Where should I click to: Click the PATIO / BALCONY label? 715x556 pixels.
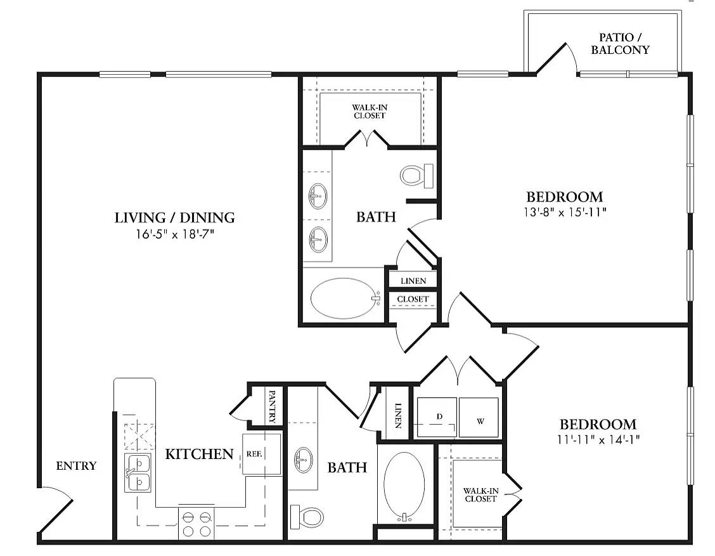[x=620, y=44]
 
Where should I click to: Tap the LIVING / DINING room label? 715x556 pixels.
[x=174, y=217]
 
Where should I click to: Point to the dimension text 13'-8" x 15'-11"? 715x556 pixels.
[x=564, y=212]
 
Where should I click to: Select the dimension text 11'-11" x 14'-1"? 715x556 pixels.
[x=597, y=439]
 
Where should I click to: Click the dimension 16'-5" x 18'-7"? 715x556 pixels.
[x=174, y=235]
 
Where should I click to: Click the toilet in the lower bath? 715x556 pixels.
[x=307, y=517]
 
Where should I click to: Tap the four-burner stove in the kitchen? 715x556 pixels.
[x=196, y=523]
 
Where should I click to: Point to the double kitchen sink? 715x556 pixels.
[x=138, y=473]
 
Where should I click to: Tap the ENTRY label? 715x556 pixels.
[x=76, y=466]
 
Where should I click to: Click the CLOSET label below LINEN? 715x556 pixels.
[x=413, y=299]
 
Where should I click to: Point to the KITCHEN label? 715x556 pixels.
[x=199, y=454]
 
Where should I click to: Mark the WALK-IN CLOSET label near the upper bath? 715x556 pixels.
[x=370, y=112]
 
